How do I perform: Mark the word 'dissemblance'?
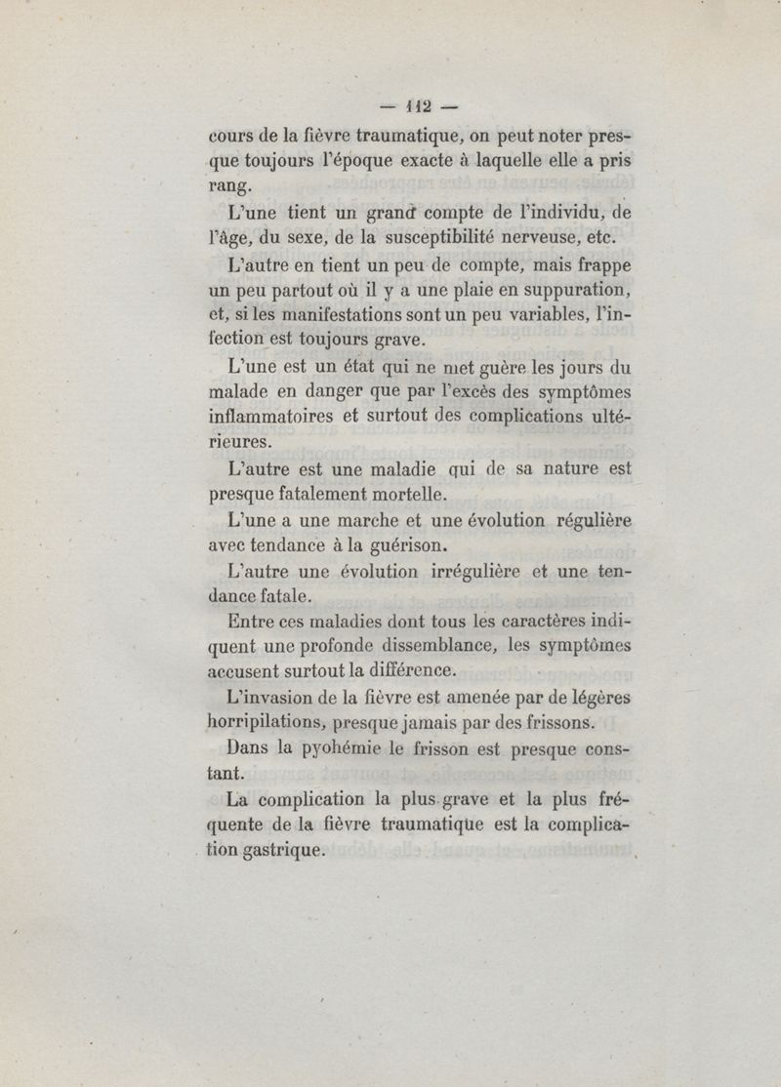pos(444,645)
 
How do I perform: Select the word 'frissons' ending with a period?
pos(555,723)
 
